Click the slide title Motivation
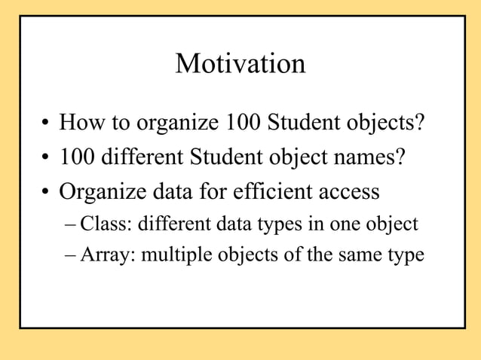click(240, 63)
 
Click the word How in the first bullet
click(81, 121)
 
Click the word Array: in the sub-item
click(109, 255)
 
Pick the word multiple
click(178, 255)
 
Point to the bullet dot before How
click(46, 123)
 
